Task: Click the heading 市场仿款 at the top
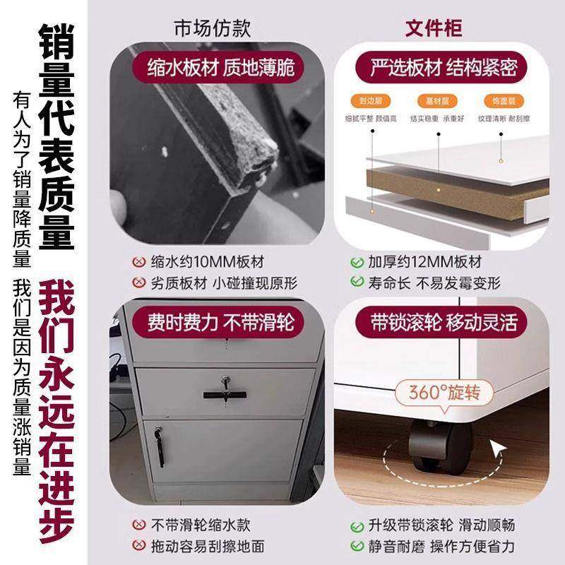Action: click(212, 28)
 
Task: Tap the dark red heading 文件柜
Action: click(433, 28)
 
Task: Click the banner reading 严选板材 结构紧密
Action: click(444, 68)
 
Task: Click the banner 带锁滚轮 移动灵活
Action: click(444, 323)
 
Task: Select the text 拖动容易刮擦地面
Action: click(208, 546)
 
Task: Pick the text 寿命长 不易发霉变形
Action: click(434, 283)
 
